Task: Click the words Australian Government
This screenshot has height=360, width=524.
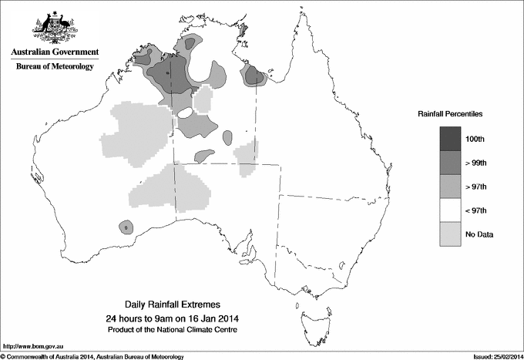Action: pyautogui.click(x=54, y=52)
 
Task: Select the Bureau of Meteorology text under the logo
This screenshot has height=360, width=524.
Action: pyautogui.click(x=54, y=66)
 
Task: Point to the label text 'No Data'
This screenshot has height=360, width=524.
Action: pyautogui.click(x=493, y=234)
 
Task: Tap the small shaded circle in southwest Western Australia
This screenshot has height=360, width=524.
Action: pyautogui.click(x=126, y=227)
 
